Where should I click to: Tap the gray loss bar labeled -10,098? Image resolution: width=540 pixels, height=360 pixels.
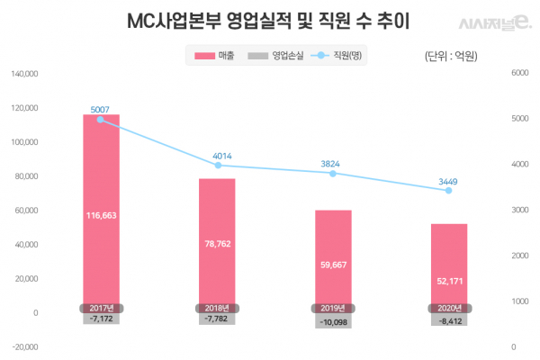333,321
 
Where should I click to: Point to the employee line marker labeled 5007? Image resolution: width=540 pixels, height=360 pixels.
101,120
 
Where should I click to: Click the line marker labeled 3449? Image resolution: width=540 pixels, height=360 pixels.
449,191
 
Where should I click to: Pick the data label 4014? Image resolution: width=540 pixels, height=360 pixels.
217,156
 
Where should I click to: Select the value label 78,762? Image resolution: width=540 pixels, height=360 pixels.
217,241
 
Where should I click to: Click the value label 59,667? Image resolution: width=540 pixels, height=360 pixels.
333,265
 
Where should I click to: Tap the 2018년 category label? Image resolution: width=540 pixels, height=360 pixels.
217,308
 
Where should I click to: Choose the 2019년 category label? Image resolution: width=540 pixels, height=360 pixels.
333,308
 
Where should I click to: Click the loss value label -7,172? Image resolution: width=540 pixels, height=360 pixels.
101,319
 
